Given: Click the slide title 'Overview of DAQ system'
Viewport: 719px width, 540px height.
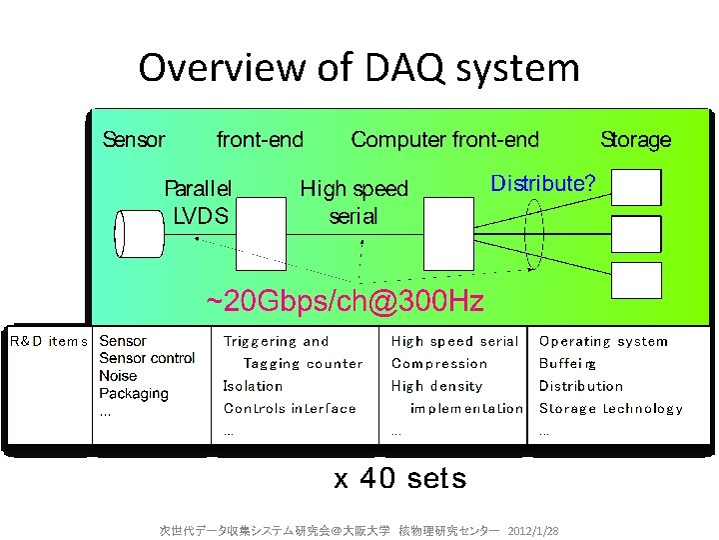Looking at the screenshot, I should pos(359,68).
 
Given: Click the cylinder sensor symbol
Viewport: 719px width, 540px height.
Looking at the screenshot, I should pos(139,233).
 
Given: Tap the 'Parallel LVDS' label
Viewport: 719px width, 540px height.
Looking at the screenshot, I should pos(199,201).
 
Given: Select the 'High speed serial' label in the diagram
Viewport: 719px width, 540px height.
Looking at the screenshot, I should pos(354,201).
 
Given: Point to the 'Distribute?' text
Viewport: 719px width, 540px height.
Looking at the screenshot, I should pos(543,183).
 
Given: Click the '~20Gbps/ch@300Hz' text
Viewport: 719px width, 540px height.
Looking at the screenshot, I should pos(345,300).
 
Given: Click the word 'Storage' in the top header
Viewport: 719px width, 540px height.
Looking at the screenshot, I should pos(635,140).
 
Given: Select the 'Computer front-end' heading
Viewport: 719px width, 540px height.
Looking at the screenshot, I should pos(444,140).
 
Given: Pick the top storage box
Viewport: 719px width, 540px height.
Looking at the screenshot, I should pos(636,187).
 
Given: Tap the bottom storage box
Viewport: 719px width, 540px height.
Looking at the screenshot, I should pos(636,279).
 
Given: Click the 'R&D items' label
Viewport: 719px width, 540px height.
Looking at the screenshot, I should pos(49,341).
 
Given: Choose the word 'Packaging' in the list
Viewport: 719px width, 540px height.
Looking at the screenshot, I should pos(134,393).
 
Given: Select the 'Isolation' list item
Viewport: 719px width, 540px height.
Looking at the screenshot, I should pos(253,386).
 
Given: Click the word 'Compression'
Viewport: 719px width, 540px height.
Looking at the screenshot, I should pos(439,364).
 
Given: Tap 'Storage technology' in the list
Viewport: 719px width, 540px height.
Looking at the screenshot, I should pos(610,408).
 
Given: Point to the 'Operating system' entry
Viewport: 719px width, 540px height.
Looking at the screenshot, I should pos(603,341).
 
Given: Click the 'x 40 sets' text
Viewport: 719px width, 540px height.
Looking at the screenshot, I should pos(399,479).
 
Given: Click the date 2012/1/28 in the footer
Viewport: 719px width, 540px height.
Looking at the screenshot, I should pos(533,529).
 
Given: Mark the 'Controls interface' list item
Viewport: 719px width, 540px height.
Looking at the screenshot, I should pos(290,408).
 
